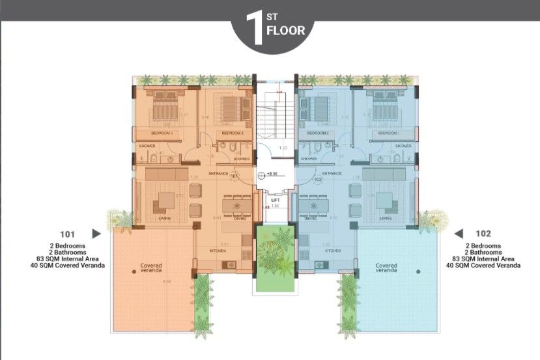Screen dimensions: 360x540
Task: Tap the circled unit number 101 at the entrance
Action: point(234,176)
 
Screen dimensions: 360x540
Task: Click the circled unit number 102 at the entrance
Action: point(318,180)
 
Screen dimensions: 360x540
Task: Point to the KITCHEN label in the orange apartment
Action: point(218,251)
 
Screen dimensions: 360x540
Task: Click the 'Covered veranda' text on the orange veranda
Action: point(151,268)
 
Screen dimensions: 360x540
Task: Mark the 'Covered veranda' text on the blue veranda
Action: point(386,268)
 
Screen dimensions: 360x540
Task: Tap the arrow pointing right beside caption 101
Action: point(96,233)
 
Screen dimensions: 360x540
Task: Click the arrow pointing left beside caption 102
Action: point(459,233)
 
